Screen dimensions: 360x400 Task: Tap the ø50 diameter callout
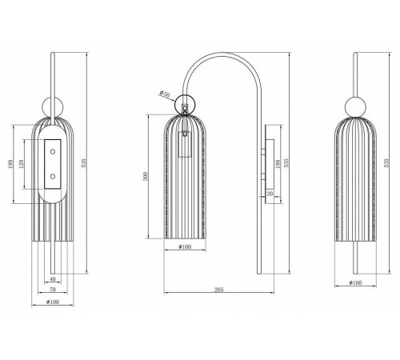(166, 95)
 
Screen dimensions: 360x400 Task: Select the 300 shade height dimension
(146, 178)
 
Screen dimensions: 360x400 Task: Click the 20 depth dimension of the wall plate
(270, 194)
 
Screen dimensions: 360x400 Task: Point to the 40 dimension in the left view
(52, 278)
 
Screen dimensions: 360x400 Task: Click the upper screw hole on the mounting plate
(53, 149)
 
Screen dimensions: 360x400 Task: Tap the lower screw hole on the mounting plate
(53, 176)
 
